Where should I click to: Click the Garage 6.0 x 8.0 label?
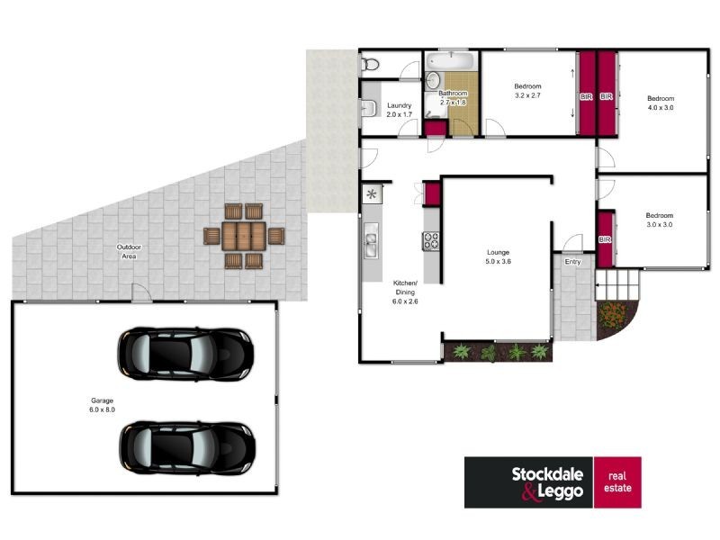coord(102,404)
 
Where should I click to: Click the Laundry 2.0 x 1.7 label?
coord(399,110)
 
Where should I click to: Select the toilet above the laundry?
coord(369,64)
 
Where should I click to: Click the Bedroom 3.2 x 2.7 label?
coord(528,91)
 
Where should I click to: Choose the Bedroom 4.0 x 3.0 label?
coord(661,103)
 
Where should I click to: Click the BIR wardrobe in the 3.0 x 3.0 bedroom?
coord(605,238)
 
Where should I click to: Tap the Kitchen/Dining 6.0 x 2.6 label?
coord(406,292)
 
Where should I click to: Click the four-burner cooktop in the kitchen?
coord(431,240)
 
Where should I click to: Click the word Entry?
coord(572,262)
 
